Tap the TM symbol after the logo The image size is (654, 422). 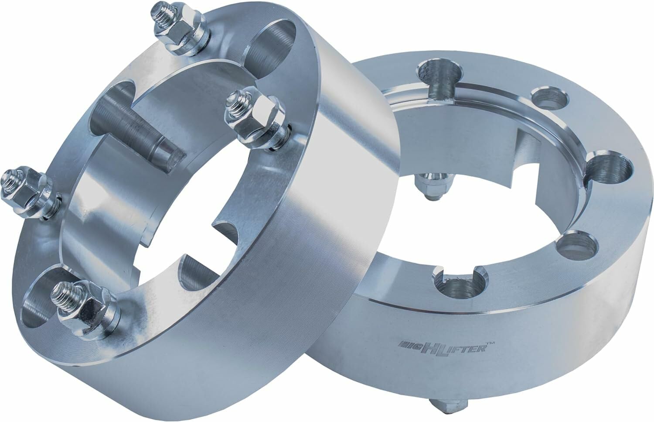tap(491, 344)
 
